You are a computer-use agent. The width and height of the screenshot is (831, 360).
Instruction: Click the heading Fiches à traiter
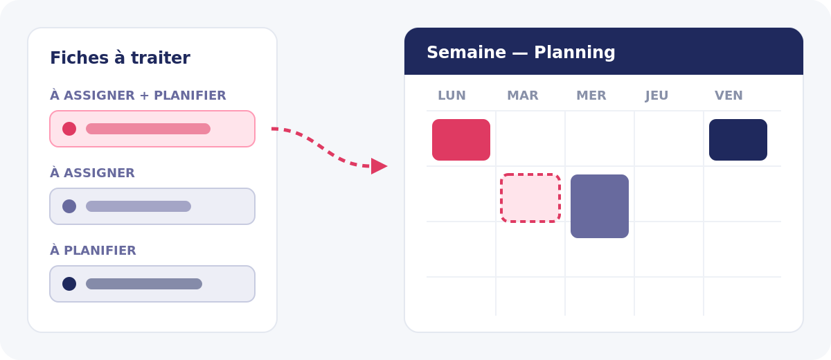click(120, 58)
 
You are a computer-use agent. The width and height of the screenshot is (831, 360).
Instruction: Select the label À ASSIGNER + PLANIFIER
click(138, 96)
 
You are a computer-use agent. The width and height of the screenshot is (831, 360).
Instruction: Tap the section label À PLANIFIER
click(93, 250)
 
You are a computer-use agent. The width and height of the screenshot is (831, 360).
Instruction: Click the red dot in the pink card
click(69, 129)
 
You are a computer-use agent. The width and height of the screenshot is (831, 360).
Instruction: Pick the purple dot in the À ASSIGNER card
click(69, 206)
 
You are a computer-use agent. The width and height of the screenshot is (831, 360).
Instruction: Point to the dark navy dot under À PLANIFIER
click(69, 284)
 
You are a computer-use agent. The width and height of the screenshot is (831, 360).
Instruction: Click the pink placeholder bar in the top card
click(148, 129)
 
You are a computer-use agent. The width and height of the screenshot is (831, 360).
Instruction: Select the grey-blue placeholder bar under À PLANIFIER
click(144, 284)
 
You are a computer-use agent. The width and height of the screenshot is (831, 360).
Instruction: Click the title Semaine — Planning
click(521, 53)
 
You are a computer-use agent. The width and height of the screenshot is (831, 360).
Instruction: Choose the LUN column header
click(452, 96)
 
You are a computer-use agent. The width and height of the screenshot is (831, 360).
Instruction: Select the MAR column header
click(523, 96)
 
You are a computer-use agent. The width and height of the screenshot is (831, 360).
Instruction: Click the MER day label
click(591, 96)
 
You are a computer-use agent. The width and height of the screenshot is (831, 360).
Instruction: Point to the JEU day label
click(656, 96)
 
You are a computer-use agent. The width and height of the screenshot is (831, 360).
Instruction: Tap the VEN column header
click(729, 96)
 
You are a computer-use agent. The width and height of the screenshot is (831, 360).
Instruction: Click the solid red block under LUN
click(461, 140)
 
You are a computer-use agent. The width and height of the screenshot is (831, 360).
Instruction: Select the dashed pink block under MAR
click(530, 198)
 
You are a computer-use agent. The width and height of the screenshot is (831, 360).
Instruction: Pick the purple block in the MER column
click(600, 206)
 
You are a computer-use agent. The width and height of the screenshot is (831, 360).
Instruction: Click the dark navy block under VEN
click(738, 140)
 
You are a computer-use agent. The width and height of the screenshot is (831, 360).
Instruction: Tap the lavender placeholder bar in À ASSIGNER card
click(138, 206)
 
